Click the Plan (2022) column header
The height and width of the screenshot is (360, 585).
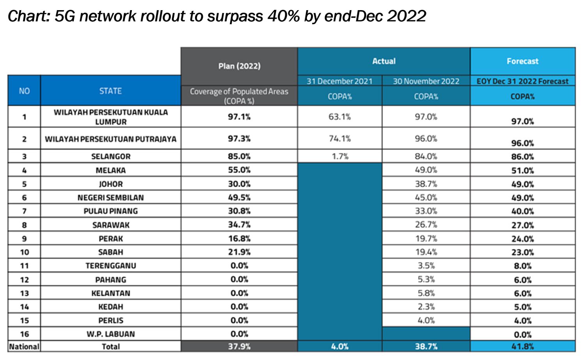tap(239, 66)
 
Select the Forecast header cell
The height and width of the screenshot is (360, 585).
tap(522, 61)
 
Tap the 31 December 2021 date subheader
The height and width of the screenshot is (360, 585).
tap(339, 81)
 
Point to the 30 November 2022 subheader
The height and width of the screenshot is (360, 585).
tap(426, 81)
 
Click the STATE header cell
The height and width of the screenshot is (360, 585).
tap(110, 91)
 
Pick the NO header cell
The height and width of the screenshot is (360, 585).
tap(24, 91)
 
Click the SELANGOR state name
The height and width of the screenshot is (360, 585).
tap(111, 156)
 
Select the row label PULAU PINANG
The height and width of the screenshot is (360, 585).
tap(111, 211)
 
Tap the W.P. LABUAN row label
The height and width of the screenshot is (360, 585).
tap(111, 334)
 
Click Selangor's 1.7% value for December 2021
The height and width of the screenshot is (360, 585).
tap(340, 156)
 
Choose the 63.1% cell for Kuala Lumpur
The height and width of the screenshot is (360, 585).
tap(339, 117)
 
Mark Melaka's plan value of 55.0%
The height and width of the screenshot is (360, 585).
tap(239, 170)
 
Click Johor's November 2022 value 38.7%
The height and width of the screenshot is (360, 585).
tap(426, 184)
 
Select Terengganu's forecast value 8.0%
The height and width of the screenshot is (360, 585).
tap(522, 266)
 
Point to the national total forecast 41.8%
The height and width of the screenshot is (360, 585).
tap(522, 346)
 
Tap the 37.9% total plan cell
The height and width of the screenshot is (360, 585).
tap(239, 346)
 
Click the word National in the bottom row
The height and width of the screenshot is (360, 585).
tap(24, 346)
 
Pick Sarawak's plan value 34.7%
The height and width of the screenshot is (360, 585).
tap(239, 225)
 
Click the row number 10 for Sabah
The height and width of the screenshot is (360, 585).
tap(24, 252)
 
